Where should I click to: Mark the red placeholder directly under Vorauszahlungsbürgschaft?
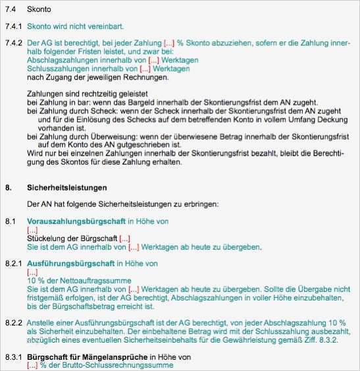pyautogui.click(x=32, y=230)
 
